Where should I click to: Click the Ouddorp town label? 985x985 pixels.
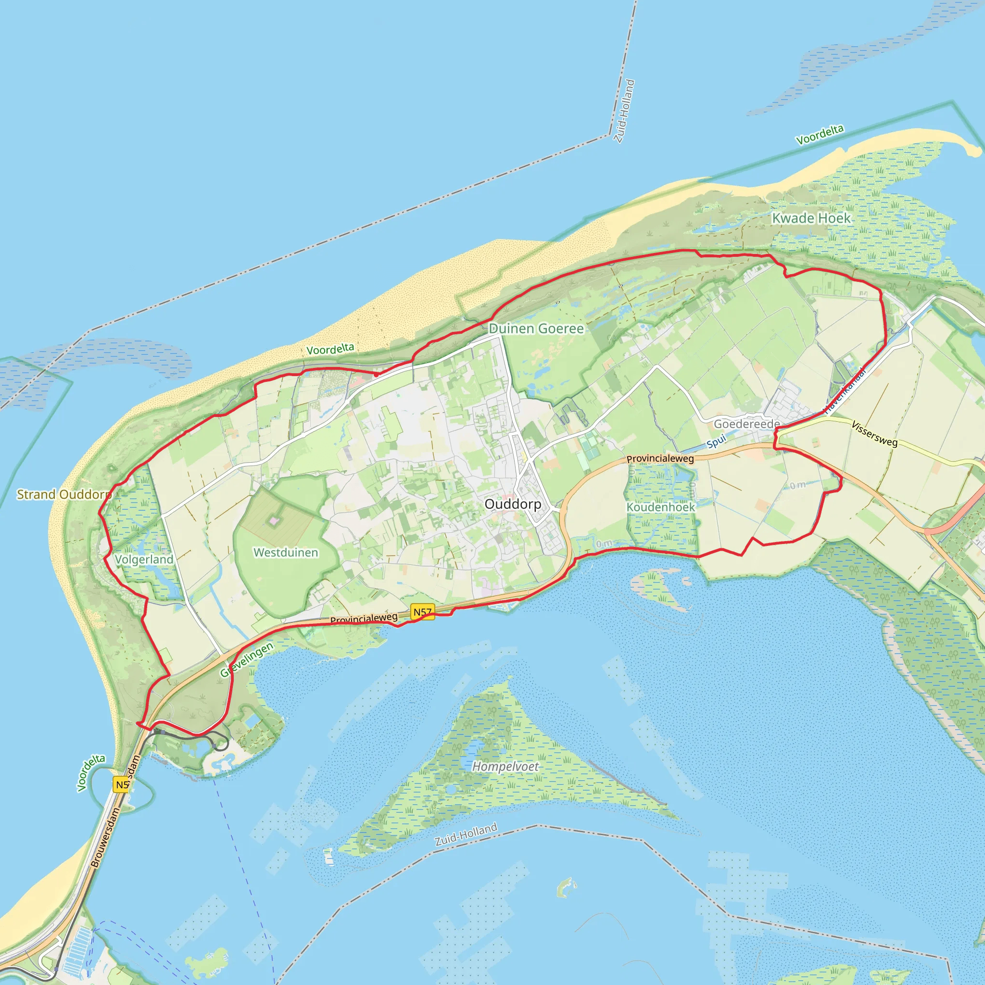pyautogui.click(x=512, y=504)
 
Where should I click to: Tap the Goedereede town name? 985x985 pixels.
pyautogui.click(x=746, y=424)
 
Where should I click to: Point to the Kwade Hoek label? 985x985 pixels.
pyautogui.click(x=811, y=218)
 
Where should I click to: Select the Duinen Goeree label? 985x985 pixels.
pyautogui.click(x=536, y=328)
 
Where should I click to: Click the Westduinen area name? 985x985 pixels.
pyautogui.click(x=286, y=552)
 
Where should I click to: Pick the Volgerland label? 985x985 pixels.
pyautogui.click(x=144, y=559)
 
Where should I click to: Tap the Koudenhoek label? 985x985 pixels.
pyautogui.click(x=660, y=507)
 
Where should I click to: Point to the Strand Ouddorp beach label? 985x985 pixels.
pyautogui.click(x=64, y=494)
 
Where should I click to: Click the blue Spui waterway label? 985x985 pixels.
pyautogui.click(x=716, y=442)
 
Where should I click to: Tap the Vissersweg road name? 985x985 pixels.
pyautogui.click(x=874, y=433)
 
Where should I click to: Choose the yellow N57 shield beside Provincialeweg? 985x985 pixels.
pyautogui.click(x=422, y=612)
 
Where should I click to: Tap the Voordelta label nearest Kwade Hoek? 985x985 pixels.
pyautogui.click(x=820, y=135)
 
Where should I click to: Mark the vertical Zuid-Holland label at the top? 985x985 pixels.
pyautogui.click(x=624, y=111)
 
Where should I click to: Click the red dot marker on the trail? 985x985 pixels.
pyautogui.click(x=376, y=374)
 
